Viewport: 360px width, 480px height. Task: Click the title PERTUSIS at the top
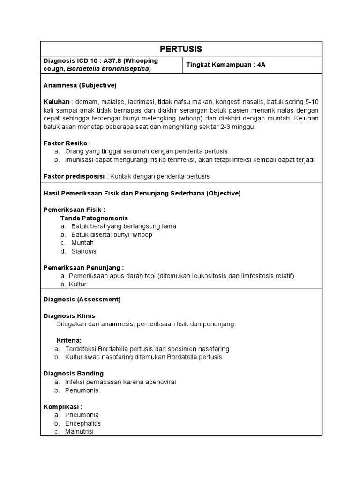click(181, 49)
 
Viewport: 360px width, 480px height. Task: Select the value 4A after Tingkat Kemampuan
click(261, 65)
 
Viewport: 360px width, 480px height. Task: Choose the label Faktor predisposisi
click(74, 176)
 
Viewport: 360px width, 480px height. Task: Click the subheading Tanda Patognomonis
click(94, 218)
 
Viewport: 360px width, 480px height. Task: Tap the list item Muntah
click(82, 243)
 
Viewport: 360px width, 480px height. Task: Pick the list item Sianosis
click(84, 251)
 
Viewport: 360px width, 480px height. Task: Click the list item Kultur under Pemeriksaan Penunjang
click(78, 284)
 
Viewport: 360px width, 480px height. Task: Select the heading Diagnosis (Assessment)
click(82, 299)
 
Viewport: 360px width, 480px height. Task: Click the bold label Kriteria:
click(69, 340)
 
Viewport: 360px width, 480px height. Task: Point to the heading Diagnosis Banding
click(73, 374)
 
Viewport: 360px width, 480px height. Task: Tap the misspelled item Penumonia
click(82, 390)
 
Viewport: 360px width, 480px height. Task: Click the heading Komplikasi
click(63, 406)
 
